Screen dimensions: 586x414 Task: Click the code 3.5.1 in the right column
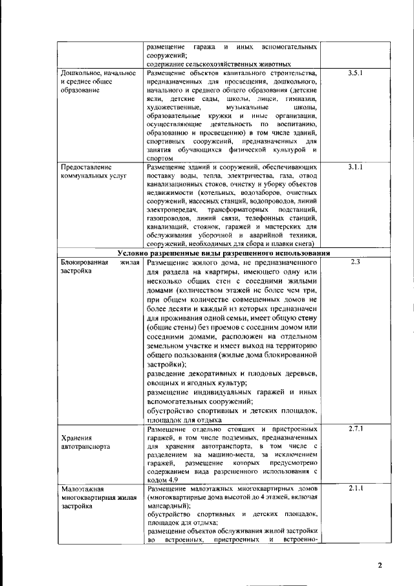(354, 74)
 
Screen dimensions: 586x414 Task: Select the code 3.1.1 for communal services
(354, 167)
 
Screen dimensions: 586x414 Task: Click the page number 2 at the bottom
(380, 565)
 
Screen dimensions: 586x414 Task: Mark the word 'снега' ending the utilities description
(301, 244)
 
